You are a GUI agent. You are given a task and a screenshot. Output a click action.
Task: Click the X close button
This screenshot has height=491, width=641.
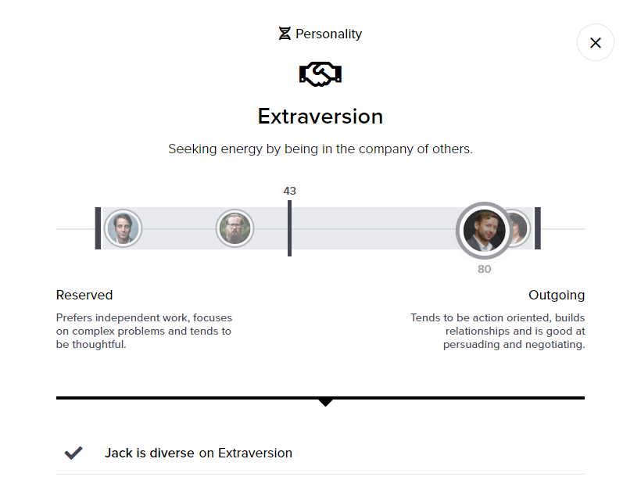click(x=596, y=42)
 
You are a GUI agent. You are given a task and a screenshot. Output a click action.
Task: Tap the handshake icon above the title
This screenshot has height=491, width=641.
click(x=320, y=74)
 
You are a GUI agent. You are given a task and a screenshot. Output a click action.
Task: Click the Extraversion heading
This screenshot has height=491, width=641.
click(x=320, y=116)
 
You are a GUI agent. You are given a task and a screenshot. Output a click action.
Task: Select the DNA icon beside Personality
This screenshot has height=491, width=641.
click(x=285, y=34)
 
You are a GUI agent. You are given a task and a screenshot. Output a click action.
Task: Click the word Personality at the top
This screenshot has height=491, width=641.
click(x=329, y=34)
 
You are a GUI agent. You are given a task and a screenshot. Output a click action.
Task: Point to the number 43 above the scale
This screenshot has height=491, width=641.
click(x=289, y=191)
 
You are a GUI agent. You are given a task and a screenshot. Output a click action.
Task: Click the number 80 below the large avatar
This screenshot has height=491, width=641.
click(x=485, y=269)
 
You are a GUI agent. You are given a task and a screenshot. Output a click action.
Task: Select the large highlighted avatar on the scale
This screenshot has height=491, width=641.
click(x=484, y=229)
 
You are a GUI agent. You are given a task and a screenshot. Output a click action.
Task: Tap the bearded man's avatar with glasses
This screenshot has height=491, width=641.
click(x=235, y=228)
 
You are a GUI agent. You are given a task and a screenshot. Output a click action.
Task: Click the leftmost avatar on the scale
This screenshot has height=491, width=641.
click(x=123, y=228)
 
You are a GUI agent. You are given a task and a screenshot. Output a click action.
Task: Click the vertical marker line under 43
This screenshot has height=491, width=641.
click(x=289, y=228)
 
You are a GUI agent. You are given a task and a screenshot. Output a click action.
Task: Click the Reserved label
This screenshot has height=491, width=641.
click(x=84, y=295)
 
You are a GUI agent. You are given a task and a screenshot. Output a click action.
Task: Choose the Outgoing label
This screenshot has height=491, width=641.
click(x=557, y=295)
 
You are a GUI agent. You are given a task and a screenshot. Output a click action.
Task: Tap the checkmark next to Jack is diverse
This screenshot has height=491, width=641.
click(x=73, y=453)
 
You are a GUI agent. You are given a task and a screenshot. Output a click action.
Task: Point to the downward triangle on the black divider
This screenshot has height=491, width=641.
click(x=326, y=402)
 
